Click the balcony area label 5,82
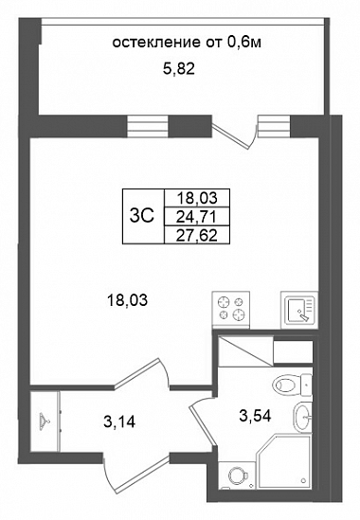point(179,69)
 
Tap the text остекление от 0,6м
point(188,43)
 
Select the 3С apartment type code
point(142,217)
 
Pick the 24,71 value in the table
point(196,217)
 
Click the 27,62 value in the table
point(197,236)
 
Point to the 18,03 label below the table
point(127,301)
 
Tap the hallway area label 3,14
point(119,422)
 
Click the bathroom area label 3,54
point(255,416)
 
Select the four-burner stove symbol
point(230,309)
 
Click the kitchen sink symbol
point(299,310)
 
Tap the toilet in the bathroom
point(292,385)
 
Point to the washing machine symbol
point(237,475)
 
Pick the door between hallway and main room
point(143,372)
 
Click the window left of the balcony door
point(148,126)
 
